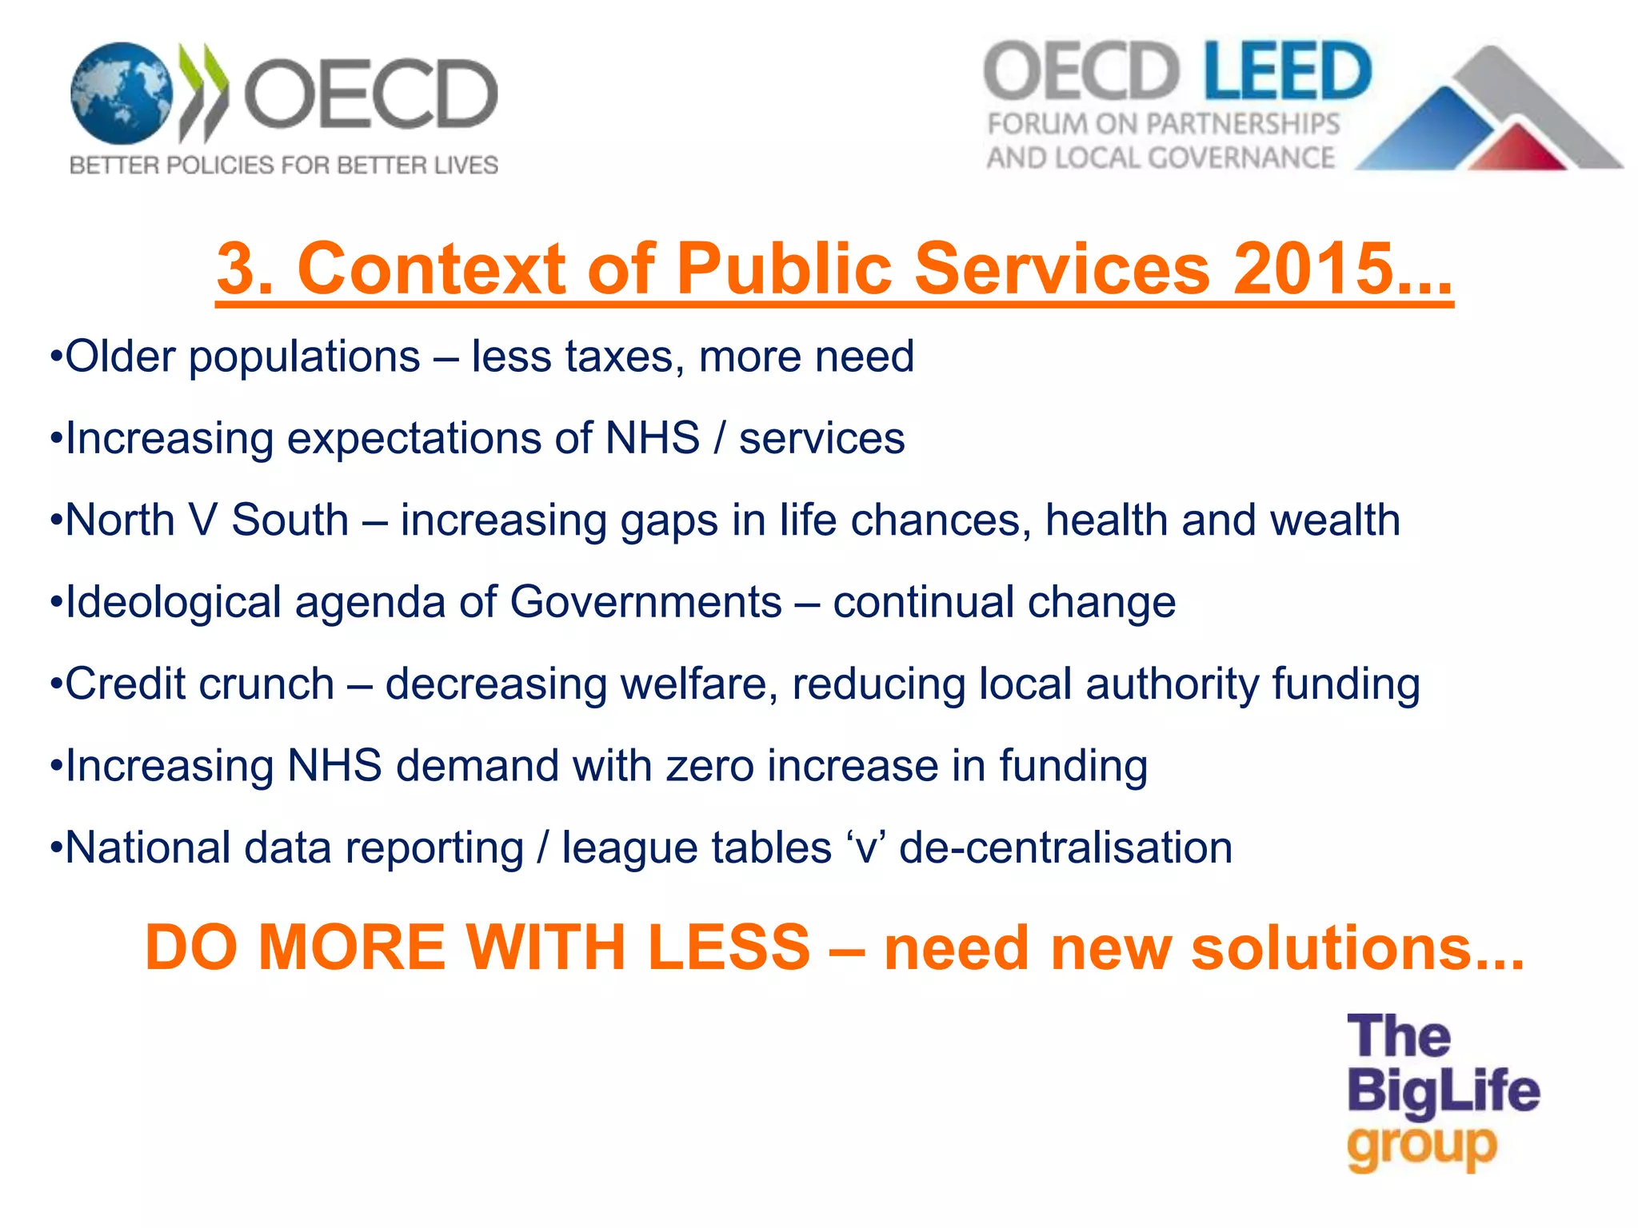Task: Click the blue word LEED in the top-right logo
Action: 1288,72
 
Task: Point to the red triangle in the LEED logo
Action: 1519,149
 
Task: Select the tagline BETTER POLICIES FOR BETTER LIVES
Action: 284,165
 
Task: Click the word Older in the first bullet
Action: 120,357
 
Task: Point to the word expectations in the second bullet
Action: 423,439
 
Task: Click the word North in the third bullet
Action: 120,520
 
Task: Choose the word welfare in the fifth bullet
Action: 693,684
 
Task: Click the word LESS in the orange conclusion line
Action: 729,948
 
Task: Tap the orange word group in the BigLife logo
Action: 1421,1148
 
